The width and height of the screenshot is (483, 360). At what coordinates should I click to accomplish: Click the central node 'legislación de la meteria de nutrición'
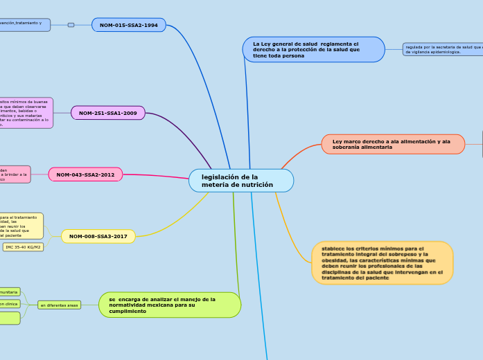tap(241, 181)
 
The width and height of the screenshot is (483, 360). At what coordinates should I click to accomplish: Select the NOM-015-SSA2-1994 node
tap(129, 25)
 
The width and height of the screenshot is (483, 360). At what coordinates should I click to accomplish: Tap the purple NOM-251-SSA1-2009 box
tap(108, 113)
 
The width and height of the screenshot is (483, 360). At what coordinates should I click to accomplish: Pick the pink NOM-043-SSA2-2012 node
tap(85, 174)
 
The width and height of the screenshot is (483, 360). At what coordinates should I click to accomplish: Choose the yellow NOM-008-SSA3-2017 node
tap(98, 237)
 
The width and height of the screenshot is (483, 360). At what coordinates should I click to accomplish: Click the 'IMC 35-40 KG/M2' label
tap(23, 247)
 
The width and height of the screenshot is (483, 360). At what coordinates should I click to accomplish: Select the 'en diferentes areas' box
tap(59, 305)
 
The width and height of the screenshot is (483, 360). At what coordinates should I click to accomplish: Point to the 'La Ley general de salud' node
tap(313, 50)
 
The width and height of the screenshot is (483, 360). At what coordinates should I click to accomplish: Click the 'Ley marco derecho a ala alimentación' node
tap(393, 144)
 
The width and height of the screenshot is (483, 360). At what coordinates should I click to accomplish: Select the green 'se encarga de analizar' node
tap(170, 305)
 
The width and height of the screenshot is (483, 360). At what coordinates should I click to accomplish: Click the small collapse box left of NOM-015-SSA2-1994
tap(71, 25)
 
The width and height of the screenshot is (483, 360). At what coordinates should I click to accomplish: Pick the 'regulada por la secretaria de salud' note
tap(442, 49)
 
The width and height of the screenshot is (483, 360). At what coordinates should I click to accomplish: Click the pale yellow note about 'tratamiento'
tap(21, 226)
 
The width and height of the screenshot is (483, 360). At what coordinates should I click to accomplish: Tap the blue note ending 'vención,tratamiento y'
tap(24, 25)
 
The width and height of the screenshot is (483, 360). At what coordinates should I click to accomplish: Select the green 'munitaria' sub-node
tap(10, 292)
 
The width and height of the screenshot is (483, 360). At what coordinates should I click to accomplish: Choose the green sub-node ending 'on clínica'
tap(10, 304)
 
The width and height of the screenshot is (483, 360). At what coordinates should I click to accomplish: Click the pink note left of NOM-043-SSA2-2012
tap(15, 174)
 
